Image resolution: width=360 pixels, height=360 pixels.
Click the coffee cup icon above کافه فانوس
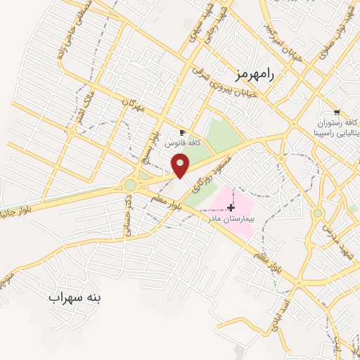click(182, 132)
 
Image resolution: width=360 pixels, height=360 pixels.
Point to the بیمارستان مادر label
click(229, 219)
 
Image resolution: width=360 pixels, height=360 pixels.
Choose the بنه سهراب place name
click(75, 297)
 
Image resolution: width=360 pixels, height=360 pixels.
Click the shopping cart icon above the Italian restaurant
click(337, 112)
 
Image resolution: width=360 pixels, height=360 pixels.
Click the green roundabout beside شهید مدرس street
click(318, 212)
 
